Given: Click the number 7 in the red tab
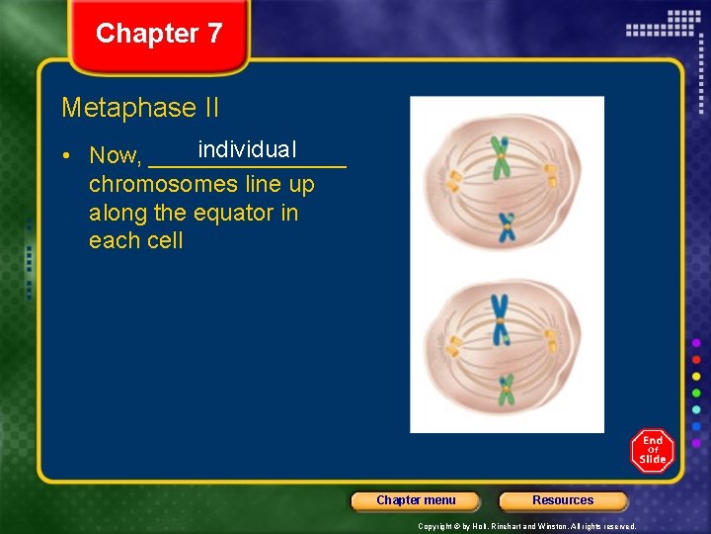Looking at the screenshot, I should [x=214, y=34].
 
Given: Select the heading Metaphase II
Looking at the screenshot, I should [x=140, y=107].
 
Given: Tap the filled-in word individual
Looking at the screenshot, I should [x=246, y=149].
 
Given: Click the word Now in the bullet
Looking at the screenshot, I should [x=115, y=156].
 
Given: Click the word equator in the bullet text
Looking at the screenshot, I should [x=232, y=213].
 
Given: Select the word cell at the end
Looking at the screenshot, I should [x=164, y=241].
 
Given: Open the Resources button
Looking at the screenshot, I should [x=563, y=500].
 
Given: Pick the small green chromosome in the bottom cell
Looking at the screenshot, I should [x=507, y=389].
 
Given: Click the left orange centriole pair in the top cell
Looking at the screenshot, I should [x=454, y=181].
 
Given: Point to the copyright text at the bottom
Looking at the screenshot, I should [x=526, y=526].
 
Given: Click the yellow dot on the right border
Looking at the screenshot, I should [x=696, y=377].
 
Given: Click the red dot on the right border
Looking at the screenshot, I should [x=696, y=360].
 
